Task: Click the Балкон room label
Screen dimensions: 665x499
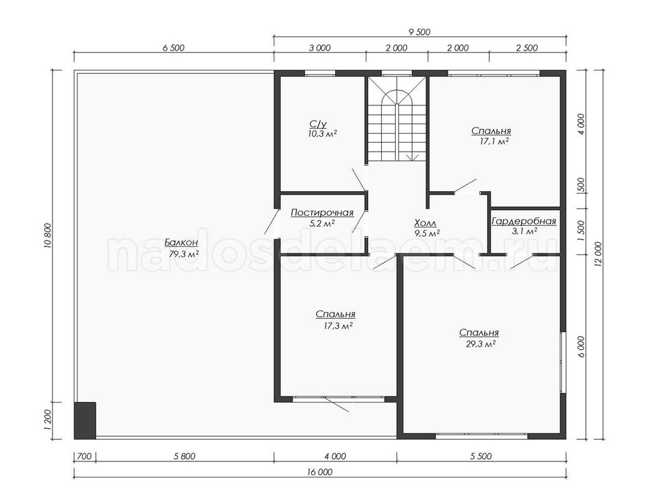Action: coord(181,243)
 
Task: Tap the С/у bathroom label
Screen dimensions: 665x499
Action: coord(318,124)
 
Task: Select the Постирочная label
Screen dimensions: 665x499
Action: coord(322,213)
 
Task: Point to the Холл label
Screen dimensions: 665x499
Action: coord(425,223)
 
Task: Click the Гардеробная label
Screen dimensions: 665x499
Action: coord(524,221)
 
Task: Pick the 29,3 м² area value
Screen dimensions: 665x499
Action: coord(481,344)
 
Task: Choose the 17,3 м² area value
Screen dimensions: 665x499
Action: coord(338,326)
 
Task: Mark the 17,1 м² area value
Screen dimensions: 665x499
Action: coord(494,141)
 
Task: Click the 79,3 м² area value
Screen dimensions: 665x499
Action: coord(184,254)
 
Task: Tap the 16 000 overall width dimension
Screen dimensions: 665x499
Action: coord(320,472)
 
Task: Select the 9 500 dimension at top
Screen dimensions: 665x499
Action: coord(420,32)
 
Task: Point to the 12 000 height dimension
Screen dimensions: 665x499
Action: coord(598,254)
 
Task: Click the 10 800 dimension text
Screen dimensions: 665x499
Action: coord(48,236)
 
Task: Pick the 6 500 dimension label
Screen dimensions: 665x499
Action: coord(174,48)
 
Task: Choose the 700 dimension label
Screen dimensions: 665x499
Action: coord(84,456)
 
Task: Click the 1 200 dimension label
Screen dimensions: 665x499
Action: coord(48,420)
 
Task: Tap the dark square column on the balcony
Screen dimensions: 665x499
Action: coord(85,420)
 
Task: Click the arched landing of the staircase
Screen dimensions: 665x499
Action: coord(397,97)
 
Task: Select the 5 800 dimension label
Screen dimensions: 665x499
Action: coord(185,456)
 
